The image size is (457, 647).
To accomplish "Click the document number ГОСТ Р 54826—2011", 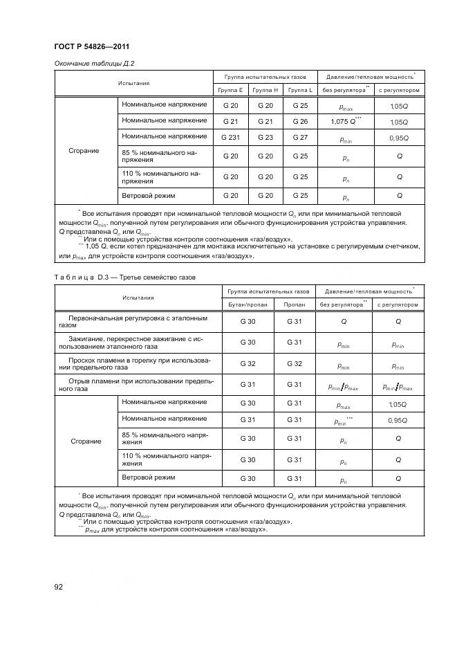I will click(x=92, y=46).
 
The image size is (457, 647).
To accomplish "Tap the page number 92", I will click(x=59, y=587).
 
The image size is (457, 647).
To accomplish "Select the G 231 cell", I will click(x=230, y=137).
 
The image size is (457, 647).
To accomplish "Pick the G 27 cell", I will click(x=300, y=137).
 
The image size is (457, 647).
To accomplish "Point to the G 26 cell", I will click(x=300, y=121).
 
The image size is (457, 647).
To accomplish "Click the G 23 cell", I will click(x=265, y=137).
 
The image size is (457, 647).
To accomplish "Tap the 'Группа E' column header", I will click(x=230, y=90).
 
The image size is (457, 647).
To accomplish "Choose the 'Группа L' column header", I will click(x=300, y=90).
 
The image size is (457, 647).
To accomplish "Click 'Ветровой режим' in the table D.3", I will click(x=148, y=477).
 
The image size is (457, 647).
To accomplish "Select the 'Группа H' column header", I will click(x=265, y=90).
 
